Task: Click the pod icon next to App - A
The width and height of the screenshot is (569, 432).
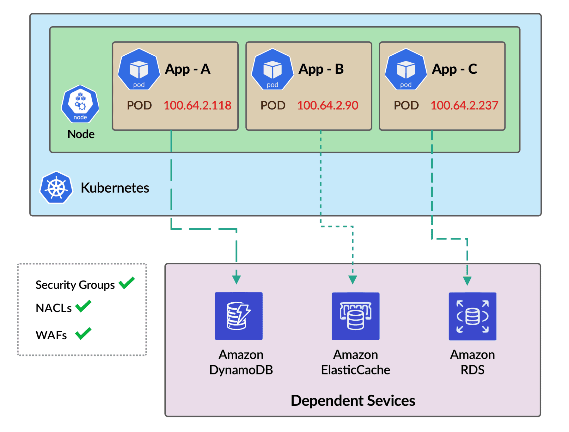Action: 139,70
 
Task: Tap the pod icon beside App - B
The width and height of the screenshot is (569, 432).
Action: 272,70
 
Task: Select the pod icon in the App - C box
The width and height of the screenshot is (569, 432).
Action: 406,70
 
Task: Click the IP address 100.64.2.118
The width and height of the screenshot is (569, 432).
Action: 197,105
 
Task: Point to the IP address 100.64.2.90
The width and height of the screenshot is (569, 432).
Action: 327,105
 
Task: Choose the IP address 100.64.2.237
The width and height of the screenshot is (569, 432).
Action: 464,105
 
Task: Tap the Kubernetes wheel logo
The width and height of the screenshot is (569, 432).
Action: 56,188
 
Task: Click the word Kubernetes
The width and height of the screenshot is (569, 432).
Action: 115,188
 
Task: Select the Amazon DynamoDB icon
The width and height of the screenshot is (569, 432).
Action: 239,316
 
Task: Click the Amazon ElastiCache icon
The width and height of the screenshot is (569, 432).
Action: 355,316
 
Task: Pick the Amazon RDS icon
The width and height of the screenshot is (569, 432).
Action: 472,316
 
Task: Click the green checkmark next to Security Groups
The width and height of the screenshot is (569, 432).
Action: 127,283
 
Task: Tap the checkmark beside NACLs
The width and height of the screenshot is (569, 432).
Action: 83,306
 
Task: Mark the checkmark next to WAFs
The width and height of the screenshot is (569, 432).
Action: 83,333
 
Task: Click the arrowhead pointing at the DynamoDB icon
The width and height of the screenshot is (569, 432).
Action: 236,280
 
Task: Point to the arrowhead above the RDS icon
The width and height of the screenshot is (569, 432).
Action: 467,281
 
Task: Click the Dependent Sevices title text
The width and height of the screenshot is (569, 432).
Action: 353,400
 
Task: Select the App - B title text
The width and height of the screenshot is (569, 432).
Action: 321,69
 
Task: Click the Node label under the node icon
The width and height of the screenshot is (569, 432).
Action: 81,134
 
